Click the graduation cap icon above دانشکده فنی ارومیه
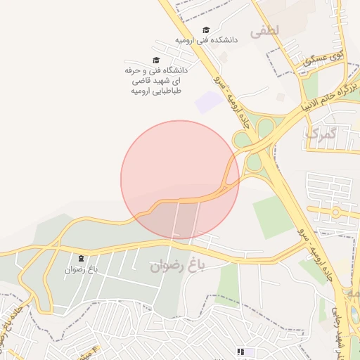(x=206, y=30)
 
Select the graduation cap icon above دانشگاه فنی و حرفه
(x=156, y=60)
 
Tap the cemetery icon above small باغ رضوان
(x=81, y=259)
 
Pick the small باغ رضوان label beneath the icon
(x=81, y=269)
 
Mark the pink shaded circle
(x=179, y=179)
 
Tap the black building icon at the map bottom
(x=241, y=351)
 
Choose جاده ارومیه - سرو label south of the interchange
(x=315, y=250)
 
